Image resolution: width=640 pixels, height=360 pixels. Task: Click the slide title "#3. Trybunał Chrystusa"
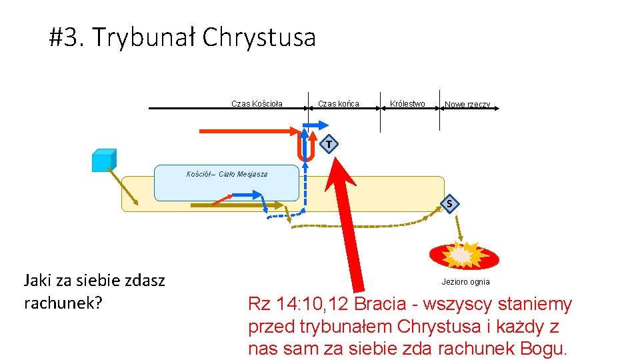(x=182, y=37)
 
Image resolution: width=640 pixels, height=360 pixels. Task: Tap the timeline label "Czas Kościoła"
(x=257, y=103)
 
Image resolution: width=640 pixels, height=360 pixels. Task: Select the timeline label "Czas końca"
(x=339, y=103)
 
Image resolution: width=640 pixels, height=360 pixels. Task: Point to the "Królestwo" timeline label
(x=407, y=103)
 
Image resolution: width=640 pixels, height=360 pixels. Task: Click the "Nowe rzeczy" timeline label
(x=467, y=105)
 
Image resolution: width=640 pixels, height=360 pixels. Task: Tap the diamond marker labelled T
(x=329, y=144)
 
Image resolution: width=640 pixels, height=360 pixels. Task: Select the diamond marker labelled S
(x=450, y=203)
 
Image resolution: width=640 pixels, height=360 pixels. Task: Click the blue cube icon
(x=104, y=161)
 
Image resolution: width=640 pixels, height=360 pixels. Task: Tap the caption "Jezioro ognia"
(x=465, y=282)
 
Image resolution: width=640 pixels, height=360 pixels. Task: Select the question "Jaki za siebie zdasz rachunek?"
(x=94, y=291)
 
